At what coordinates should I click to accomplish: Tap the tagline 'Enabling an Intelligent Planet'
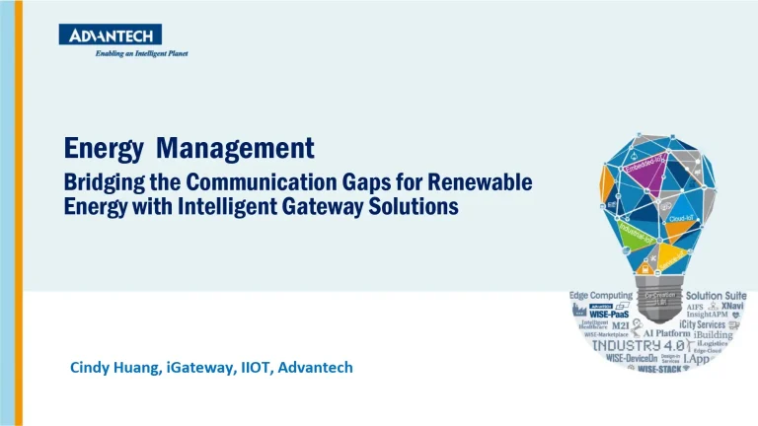tap(141, 53)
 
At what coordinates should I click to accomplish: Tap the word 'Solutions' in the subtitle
tap(417, 208)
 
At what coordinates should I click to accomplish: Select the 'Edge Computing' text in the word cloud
tap(600, 296)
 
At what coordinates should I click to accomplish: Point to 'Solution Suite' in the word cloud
tap(717, 296)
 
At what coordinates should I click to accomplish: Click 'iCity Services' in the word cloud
tap(702, 323)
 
